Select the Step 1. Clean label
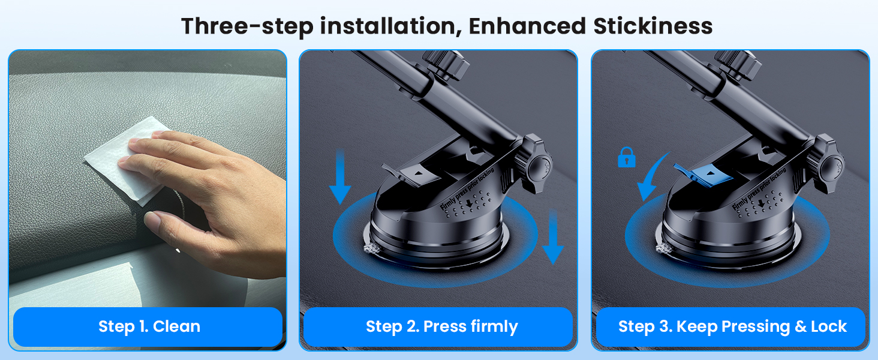click(149, 326)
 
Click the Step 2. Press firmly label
click(441, 326)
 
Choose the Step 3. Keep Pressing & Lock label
click(732, 326)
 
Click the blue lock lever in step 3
click(696, 174)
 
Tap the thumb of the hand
click(168, 223)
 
